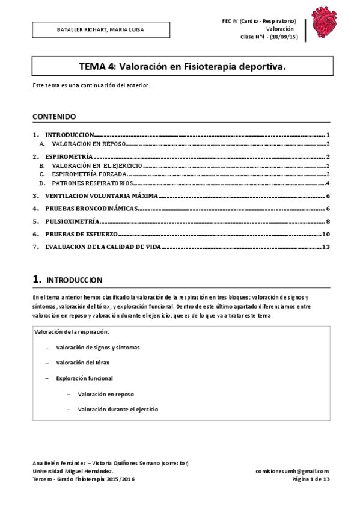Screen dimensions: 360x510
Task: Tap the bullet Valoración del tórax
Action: pyautogui.click(x=83, y=363)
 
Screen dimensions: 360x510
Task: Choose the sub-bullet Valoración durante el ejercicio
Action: pyautogui.click(x=118, y=409)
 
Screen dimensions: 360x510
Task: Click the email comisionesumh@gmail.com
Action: pyautogui.click(x=292, y=471)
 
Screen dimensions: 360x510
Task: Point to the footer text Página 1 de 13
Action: pyautogui.click(x=310, y=479)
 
